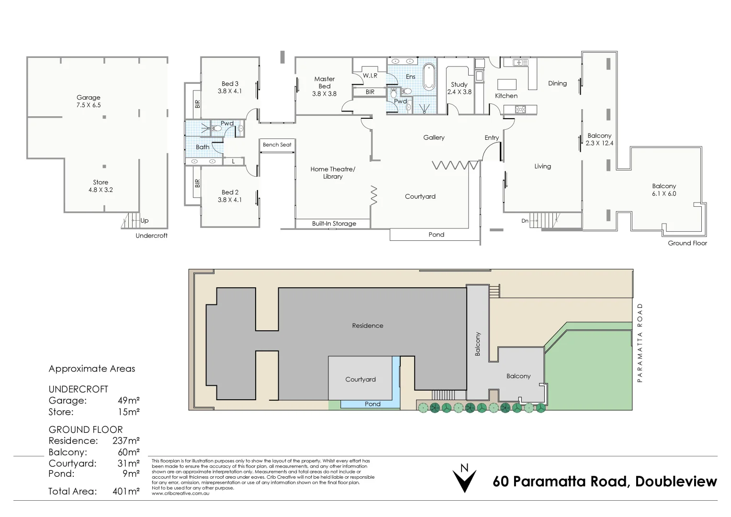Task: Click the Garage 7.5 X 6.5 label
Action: [89, 101]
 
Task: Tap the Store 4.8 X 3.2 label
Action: [101, 186]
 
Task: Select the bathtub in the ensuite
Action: [429, 77]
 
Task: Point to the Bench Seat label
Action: [277, 145]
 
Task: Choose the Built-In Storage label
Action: [334, 224]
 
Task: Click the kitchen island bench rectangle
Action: [507, 84]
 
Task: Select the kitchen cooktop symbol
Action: [520, 109]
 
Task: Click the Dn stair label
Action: [525, 221]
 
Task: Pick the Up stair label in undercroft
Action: [144, 221]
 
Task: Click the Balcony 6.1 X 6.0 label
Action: [664, 190]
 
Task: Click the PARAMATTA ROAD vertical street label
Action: [640, 342]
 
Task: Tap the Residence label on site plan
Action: [368, 326]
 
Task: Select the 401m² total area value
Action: [126, 491]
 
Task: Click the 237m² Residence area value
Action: [126, 440]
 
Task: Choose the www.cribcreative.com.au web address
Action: [180, 493]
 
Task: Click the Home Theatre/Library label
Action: [333, 172]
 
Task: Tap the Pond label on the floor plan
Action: [436, 235]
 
